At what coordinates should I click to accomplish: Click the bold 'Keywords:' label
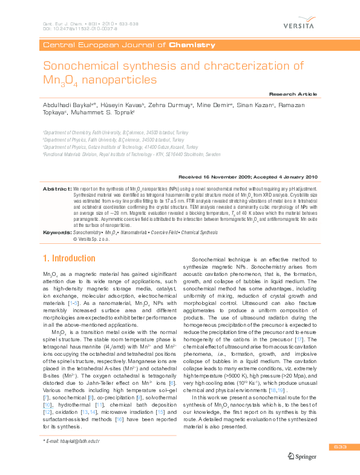56,232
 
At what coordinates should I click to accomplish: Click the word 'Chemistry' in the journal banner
192,45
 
